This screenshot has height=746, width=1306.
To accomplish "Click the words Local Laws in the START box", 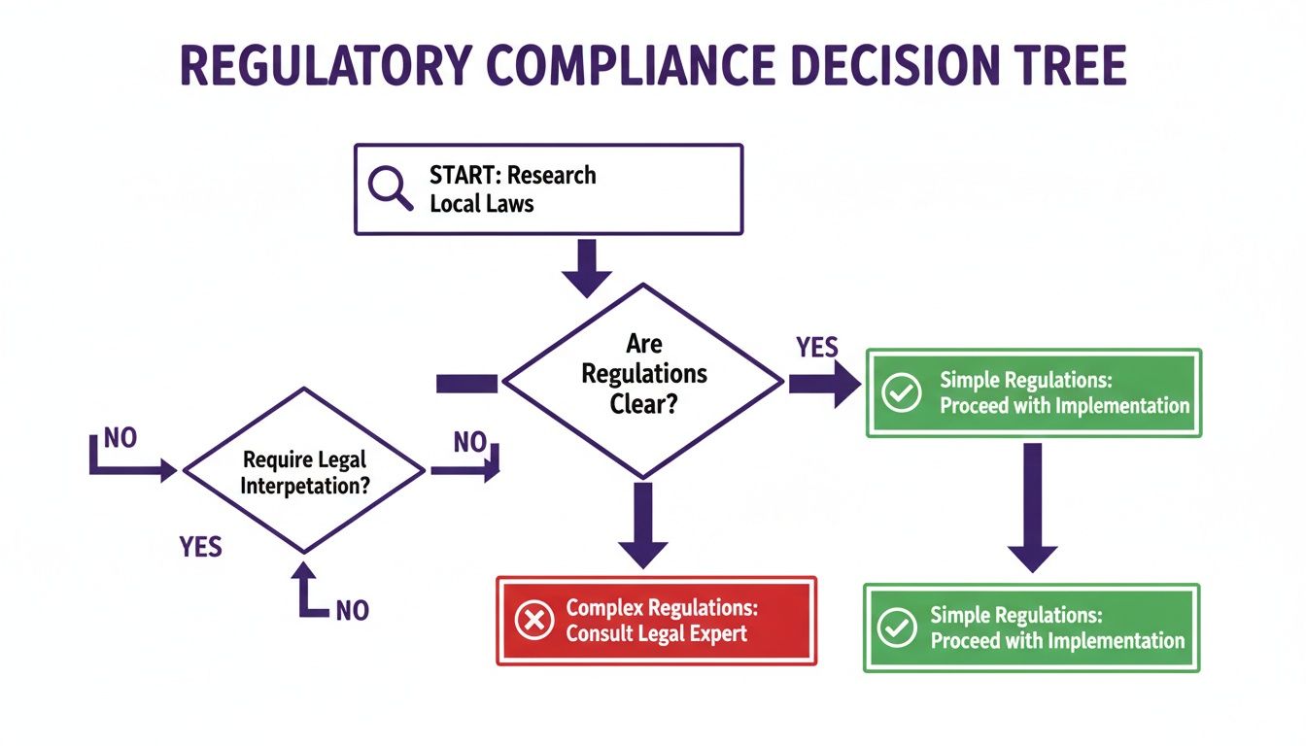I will tap(482, 205).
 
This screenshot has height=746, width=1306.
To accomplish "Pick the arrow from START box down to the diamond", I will tap(587, 267).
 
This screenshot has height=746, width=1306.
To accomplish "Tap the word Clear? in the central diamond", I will tap(643, 402).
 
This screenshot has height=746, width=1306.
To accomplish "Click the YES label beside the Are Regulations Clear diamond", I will tap(817, 348).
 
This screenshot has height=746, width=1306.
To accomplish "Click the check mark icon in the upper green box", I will tap(901, 392).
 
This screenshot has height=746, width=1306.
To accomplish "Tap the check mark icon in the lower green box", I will tap(896, 627).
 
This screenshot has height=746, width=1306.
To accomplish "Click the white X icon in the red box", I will tap(533, 621).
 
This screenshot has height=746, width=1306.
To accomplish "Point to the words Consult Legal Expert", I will tap(657, 634).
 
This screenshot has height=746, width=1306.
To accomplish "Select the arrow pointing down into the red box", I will tap(643, 525).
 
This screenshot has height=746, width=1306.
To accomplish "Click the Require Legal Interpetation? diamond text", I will tap(305, 472).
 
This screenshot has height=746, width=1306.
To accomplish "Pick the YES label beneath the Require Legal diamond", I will tap(201, 547).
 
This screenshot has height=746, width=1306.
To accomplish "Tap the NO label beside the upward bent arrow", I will tap(352, 610).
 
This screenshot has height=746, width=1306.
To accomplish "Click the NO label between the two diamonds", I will tap(469, 443).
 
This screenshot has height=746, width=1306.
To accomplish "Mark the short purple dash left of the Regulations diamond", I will tap(466, 384).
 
